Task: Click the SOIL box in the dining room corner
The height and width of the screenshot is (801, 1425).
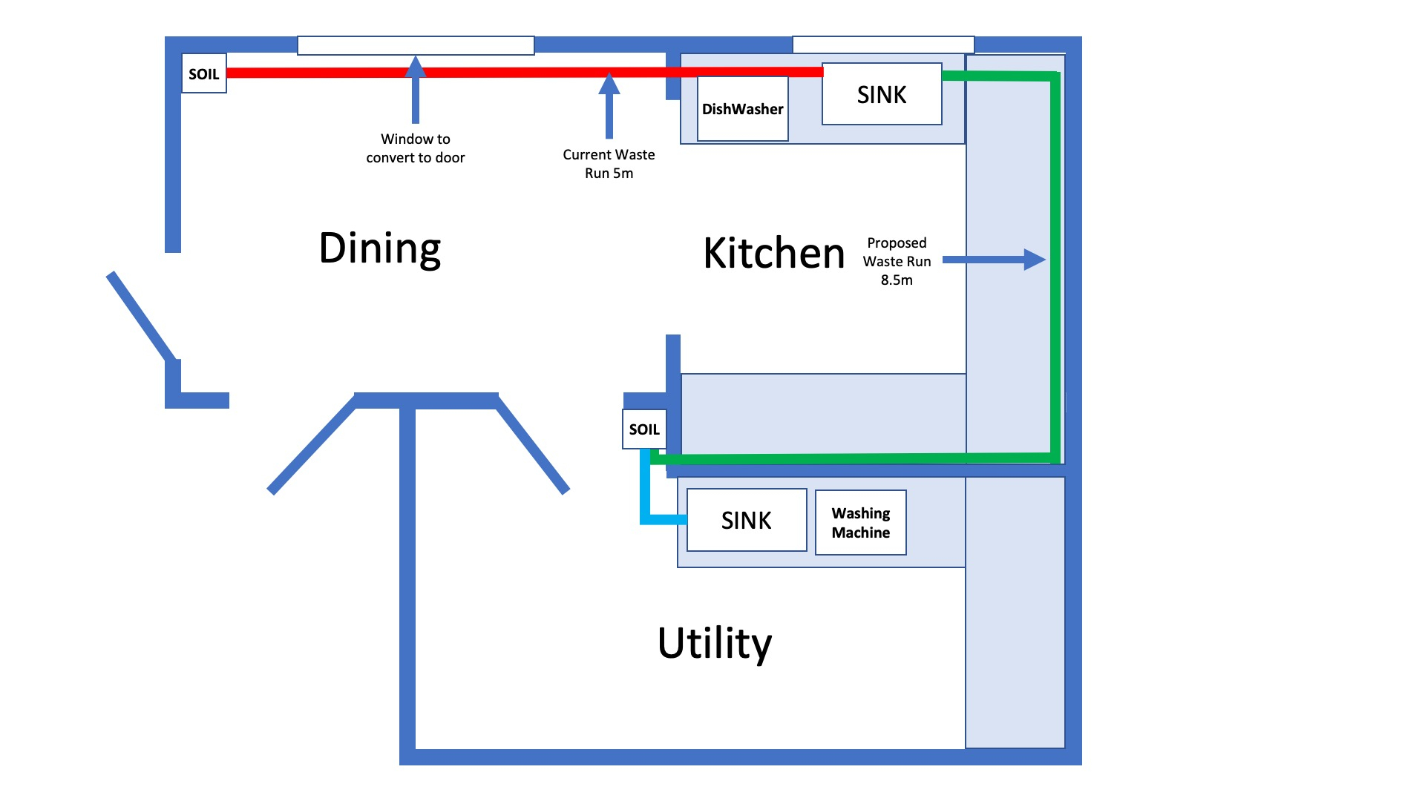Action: tap(204, 73)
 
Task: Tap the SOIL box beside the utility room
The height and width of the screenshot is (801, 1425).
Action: tap(643, 429)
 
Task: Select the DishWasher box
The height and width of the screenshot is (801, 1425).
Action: tap(742, 109)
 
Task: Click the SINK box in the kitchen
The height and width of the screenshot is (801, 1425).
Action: tap(882, 94)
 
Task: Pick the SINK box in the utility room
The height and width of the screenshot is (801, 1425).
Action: tap(747, 520)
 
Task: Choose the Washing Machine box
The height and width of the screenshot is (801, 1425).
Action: tap(861, 523)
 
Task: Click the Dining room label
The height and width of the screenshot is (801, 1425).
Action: tap(380, 248)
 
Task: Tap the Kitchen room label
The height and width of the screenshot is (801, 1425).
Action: tap(774, 254)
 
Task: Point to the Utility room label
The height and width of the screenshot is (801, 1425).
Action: tap(715, 643)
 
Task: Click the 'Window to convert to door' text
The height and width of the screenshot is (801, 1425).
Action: tap(416, 148)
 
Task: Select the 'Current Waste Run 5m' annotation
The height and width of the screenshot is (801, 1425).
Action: tap(609, 164)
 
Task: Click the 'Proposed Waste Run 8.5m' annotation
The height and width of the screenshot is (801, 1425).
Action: tap(897, 261)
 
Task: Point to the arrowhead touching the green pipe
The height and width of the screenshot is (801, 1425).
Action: tap(1035, 260)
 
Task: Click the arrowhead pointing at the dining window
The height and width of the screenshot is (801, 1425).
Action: tap(416, 67)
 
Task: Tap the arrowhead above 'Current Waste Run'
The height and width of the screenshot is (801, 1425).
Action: tap(609, 83)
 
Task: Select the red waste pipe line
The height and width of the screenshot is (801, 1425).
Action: tap(520, 73)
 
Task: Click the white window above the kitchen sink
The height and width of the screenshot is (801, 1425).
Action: tap(883, 44)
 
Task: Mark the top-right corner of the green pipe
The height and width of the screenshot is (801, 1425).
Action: tap(1054, 76)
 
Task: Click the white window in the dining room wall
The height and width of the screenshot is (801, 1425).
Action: tap(416, 45)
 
